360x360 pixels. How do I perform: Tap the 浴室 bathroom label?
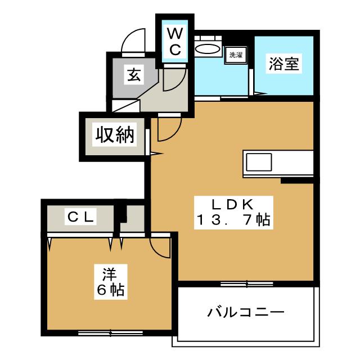[283, 65]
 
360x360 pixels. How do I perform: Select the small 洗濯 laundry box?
[235, 55]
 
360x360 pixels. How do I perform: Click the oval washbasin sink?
[207, 49]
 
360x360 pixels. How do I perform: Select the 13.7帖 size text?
[233, 220]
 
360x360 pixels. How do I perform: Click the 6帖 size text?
[109, 291]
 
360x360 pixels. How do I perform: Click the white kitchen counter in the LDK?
[278, 163]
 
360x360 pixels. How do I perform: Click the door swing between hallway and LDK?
[169, 129]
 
